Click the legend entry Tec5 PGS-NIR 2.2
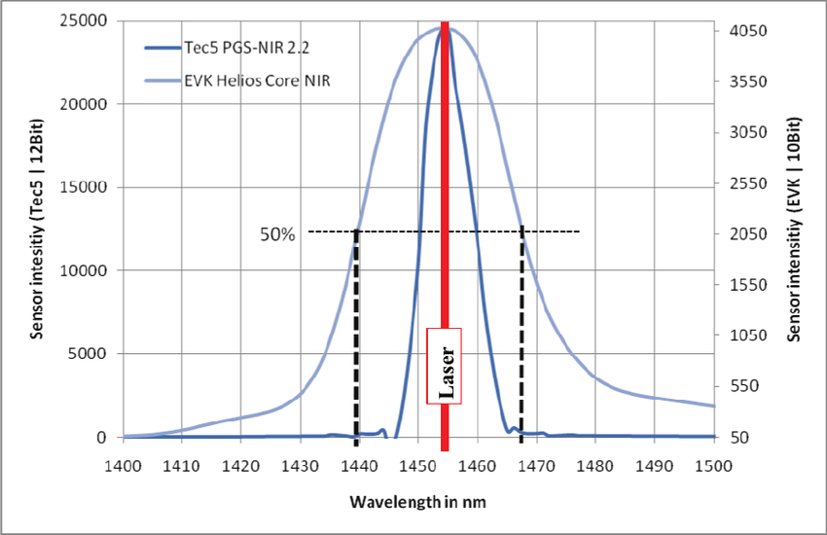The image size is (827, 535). coord(242,46)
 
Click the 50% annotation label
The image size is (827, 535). coord(276,234)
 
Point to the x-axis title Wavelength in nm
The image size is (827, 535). coord(417,502)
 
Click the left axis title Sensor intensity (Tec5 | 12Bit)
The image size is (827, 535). coord(38,234)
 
